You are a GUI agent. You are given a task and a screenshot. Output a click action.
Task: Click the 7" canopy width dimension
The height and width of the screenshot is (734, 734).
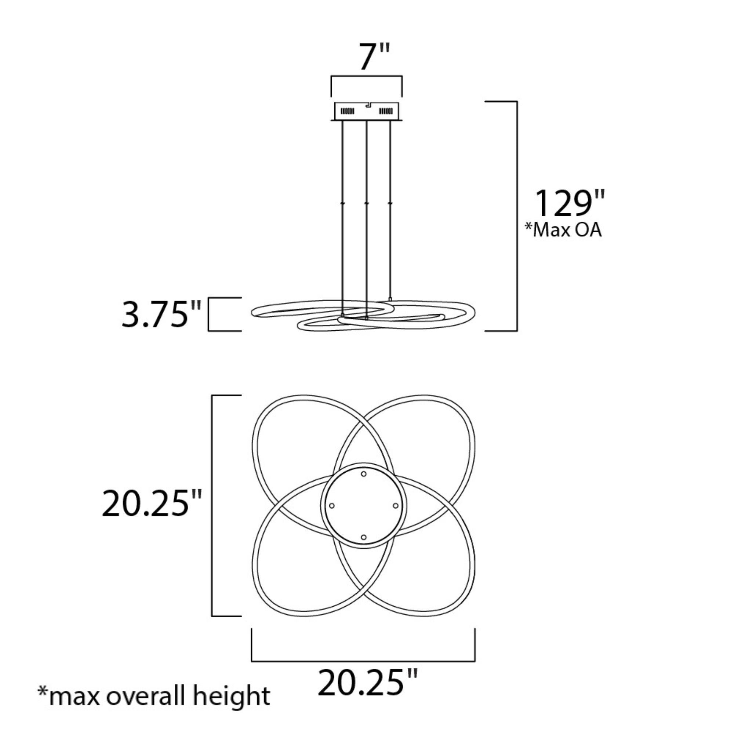click(375, 57)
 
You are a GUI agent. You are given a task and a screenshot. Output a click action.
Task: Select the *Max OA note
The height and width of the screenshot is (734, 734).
click(563, 230)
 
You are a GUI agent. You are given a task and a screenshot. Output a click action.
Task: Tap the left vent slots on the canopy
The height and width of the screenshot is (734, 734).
click(347, 111)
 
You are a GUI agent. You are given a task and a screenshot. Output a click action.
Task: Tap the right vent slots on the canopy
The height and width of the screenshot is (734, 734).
click(386, 111)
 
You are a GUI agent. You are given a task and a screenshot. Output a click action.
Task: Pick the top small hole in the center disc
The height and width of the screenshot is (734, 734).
click(364, 474)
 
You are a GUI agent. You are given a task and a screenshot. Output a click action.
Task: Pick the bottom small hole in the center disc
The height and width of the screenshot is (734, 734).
click(364, 537)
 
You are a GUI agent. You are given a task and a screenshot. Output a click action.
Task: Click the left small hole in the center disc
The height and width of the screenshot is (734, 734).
click(332, 506)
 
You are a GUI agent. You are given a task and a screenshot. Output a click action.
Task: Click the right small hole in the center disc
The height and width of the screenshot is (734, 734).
click(395, 506)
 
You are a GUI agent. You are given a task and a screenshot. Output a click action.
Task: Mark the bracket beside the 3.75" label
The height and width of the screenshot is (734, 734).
click(210, 314)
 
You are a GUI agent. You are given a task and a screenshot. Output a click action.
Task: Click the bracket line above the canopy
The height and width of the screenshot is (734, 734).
click(367, 77)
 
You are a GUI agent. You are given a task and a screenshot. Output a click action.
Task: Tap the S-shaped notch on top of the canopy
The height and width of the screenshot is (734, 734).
click(367, 105)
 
